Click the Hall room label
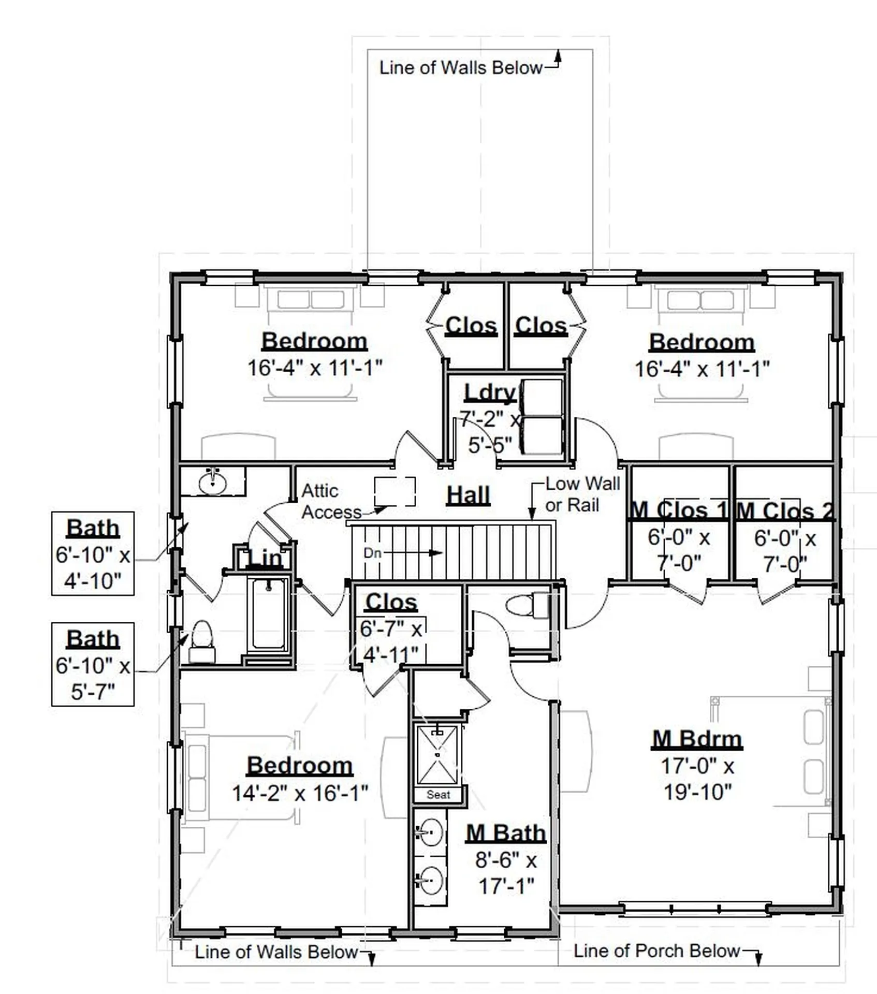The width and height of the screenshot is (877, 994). pyautogui.click(x=468, y=495)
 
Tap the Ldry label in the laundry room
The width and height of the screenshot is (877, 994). pyautogui.click(x=490, y=392)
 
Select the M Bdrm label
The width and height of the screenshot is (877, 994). pyautogui.click(x=697, y=739)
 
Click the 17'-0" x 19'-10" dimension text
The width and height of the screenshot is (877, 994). pyautogui.click(x=697, y=779)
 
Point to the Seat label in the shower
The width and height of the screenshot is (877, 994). pyautogui.click(x=438, y=795)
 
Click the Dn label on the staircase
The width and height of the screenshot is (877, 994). pyautogui.click(x=372, y=553)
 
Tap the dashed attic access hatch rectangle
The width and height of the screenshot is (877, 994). pyautogui.click(x=395, y=491)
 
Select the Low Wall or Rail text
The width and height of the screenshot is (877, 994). pyautogui.click(x=582, y=494)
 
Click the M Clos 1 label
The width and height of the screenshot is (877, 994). pyautogui.click(x=678, y=510)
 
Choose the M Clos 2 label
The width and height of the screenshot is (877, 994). pyautogui.click(x=784, y=511)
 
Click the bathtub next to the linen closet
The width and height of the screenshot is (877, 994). pyautogui.click(x=268, y=615)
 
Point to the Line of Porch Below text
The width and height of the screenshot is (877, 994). pyautogui.click(x=656, y=951)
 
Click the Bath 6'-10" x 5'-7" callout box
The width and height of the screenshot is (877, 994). pyautogui.click(x=93, y=664)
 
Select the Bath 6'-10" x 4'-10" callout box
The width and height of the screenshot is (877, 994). pyautogui.click(x=93, y=553)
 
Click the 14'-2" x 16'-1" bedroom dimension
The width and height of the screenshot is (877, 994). pyautogui.click(x=300, y=793)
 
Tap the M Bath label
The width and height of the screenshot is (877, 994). pyautogui.click(x=506, y=833)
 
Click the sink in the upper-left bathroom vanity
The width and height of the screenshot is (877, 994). pyautogui.click(x=213, y=483)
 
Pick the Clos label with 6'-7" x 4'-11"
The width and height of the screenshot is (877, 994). pyautogui.click(x=391, y=602)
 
